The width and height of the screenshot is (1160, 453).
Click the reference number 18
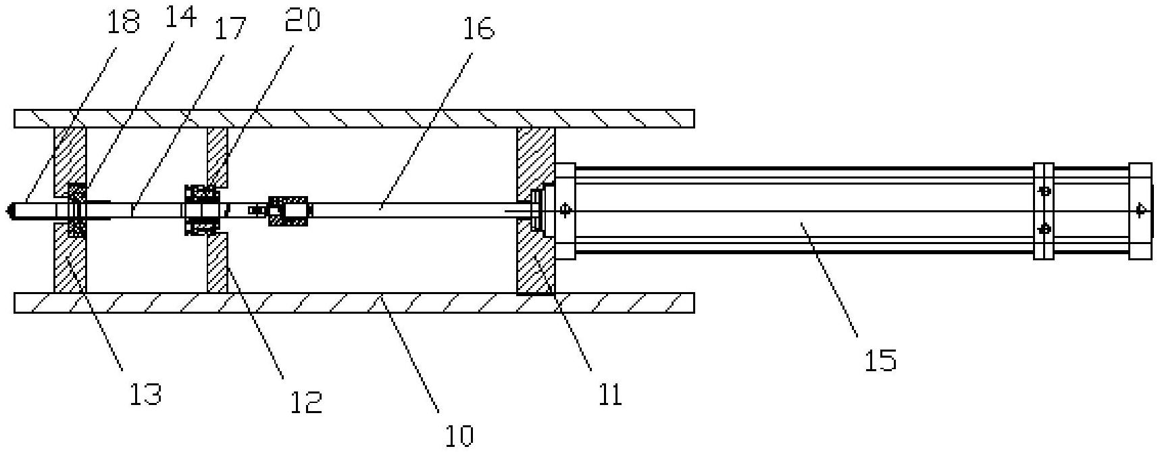(x=123, y=22)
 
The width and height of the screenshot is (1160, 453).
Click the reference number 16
(x=479, y=28)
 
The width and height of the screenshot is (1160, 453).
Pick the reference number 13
(x=145, y=392)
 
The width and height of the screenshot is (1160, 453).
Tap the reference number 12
(x=305, y=402)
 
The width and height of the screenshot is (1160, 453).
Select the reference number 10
(x=459, y=435)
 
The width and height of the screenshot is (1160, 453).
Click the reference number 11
(x=609, y=394)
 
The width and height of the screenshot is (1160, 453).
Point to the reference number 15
(x=880, y=360)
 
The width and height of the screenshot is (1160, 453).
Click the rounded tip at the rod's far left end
(x=9, y=210)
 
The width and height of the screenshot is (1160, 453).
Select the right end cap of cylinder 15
(x=1140, y=210)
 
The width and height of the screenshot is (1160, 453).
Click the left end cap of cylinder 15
(x=565, y=210)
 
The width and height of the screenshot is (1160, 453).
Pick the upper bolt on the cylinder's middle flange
(x=1044, y=191)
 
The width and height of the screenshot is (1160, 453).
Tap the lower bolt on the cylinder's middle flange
(x=1044, y=229)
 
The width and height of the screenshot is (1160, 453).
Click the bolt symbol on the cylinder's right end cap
(x=1141, y=210)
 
